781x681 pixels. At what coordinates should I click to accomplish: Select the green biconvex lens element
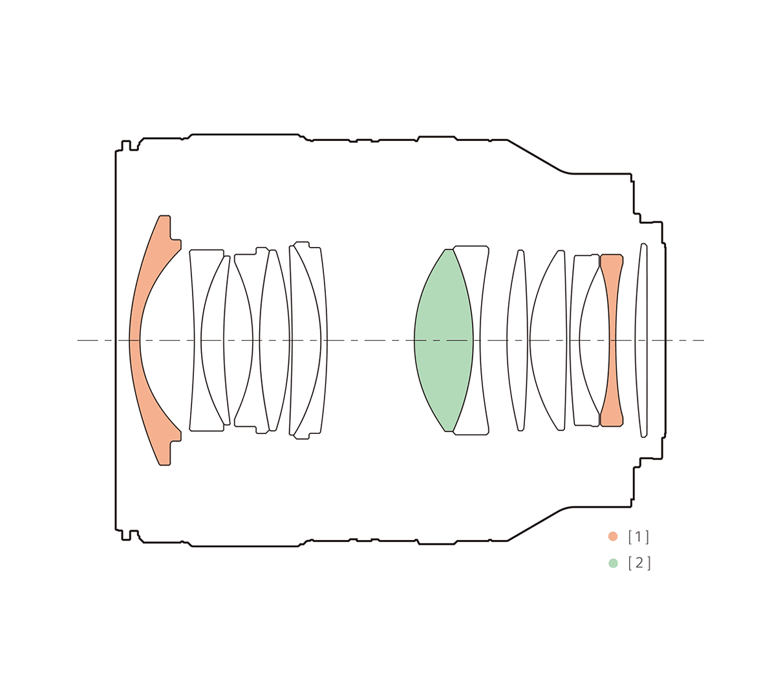coord(444,340)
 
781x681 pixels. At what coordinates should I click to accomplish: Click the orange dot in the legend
coord(613,536)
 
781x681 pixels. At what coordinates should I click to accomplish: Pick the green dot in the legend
coord(613,563)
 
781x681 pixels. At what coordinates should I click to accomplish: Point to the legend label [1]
coord(639,537)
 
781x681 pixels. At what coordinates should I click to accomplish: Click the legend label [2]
coord(639,563)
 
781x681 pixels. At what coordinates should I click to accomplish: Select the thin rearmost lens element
coord(641,340)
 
